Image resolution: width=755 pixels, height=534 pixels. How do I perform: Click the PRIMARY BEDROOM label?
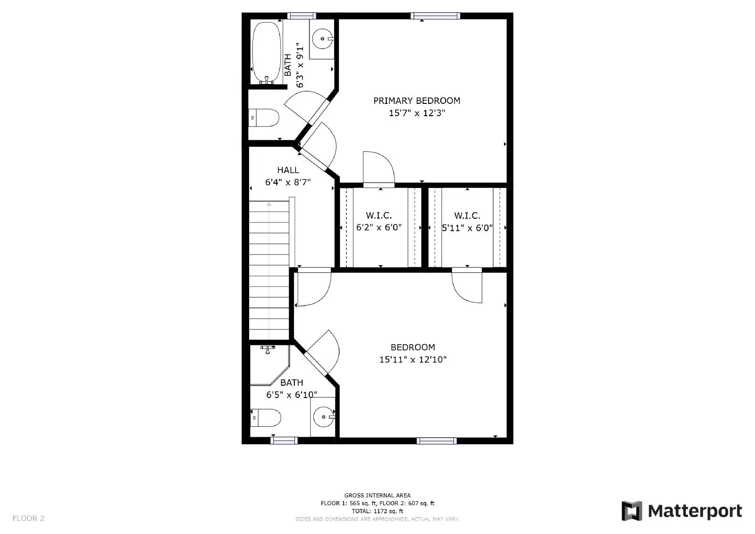point(417,101)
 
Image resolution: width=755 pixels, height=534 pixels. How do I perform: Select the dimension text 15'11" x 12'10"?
point(413,360)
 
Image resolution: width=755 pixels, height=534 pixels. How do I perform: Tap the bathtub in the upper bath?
point(266,52)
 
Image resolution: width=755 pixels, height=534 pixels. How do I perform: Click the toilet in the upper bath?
point(264,118)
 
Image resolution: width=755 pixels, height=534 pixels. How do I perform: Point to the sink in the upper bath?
point(323,39)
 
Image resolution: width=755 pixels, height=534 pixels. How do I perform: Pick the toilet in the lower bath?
point(265,418)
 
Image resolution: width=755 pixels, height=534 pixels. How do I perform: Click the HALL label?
point(288,170)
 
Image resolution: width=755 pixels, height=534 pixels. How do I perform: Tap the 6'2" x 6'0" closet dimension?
point(379,228)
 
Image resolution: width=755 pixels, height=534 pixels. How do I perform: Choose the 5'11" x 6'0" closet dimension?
point(467,228)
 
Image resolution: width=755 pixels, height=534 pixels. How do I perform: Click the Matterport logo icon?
point(632,511)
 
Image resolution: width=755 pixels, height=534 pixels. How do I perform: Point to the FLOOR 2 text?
point(28,518)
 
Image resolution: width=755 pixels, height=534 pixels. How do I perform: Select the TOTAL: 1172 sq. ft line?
point(377,511)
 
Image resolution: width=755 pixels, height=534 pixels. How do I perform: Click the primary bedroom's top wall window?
point(435,16)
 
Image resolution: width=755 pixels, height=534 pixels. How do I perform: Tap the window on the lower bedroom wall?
point(436,441)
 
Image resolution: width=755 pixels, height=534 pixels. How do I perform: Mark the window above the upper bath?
point(302,16)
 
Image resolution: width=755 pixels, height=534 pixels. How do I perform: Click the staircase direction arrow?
point(269,270)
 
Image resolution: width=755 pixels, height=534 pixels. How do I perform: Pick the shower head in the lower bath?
point(268,349)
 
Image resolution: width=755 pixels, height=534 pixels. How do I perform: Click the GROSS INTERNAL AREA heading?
point(377,496)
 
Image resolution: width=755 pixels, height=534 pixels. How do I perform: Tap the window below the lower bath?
point(284,441)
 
